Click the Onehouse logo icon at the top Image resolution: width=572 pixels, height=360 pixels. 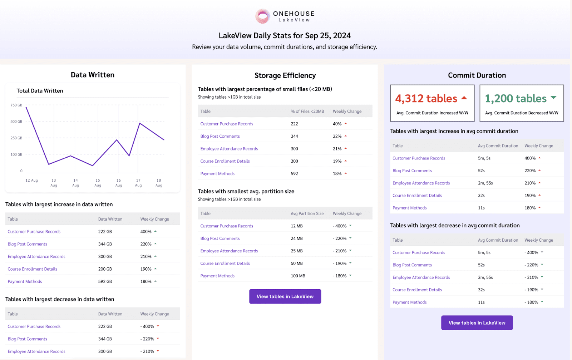pyautogui.click(x=262, y=16)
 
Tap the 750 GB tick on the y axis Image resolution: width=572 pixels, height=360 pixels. pyautogui.click(x=16, y=105)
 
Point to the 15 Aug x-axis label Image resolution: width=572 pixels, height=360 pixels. pyautogui.click(x=98, y=183)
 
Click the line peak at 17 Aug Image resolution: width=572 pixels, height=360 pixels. pyautogui.click(x=139, y=123)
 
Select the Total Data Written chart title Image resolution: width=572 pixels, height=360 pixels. pyautogui.click(x=40, y=91)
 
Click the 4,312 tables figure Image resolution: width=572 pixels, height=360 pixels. pyautogui.click(x=426, y=98)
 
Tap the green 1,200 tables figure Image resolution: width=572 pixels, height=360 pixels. pyautogui.click(x=516, y=98)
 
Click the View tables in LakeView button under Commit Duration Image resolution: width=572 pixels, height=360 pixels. pyautogui.click(x=477, y=323)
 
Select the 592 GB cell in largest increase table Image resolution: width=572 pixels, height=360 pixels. pyautogui.click(x=105, y=281)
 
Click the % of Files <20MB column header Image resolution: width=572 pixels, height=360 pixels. pyautogui.click(x=307, y=111)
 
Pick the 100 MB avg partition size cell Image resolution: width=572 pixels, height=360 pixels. pyautogui.click(x=298, y=276)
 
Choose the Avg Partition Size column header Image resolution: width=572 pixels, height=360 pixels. pyautogui.click(x=307, y=213)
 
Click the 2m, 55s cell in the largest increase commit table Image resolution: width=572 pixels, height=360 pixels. pyautogui.click(x=485, y=183)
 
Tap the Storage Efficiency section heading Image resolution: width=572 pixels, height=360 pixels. pyautogui.click(x=285, y=75)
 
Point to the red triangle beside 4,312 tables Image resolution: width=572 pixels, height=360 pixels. pyautogui.click(x=464, y=98)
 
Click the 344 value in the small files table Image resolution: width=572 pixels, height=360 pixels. pyautogui.click(x=294, y=136)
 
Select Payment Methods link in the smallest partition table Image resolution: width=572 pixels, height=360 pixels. pyautogui.click(x=217, y=276)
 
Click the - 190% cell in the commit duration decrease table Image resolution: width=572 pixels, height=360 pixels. pyautogui.click(x=531, y=290)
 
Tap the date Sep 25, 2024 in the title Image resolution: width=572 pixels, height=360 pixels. pyautogui.click(x=328, y=35)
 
